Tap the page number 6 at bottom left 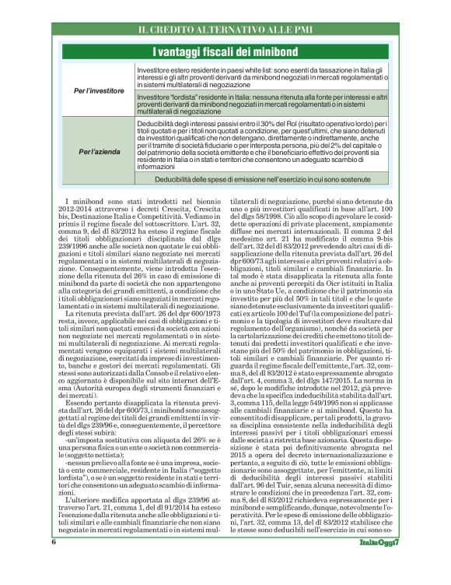(54, 563)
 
